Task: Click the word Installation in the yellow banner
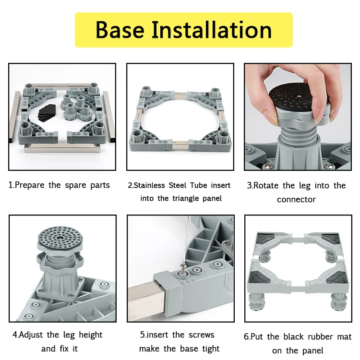[212, 30]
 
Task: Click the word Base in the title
[120, 30]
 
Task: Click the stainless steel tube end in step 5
[147, 299]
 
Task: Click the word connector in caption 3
[296, 200]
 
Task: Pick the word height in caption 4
[90, 335]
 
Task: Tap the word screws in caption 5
[201, 335]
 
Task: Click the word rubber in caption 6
[320, 336]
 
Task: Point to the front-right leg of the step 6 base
[338, 302]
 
